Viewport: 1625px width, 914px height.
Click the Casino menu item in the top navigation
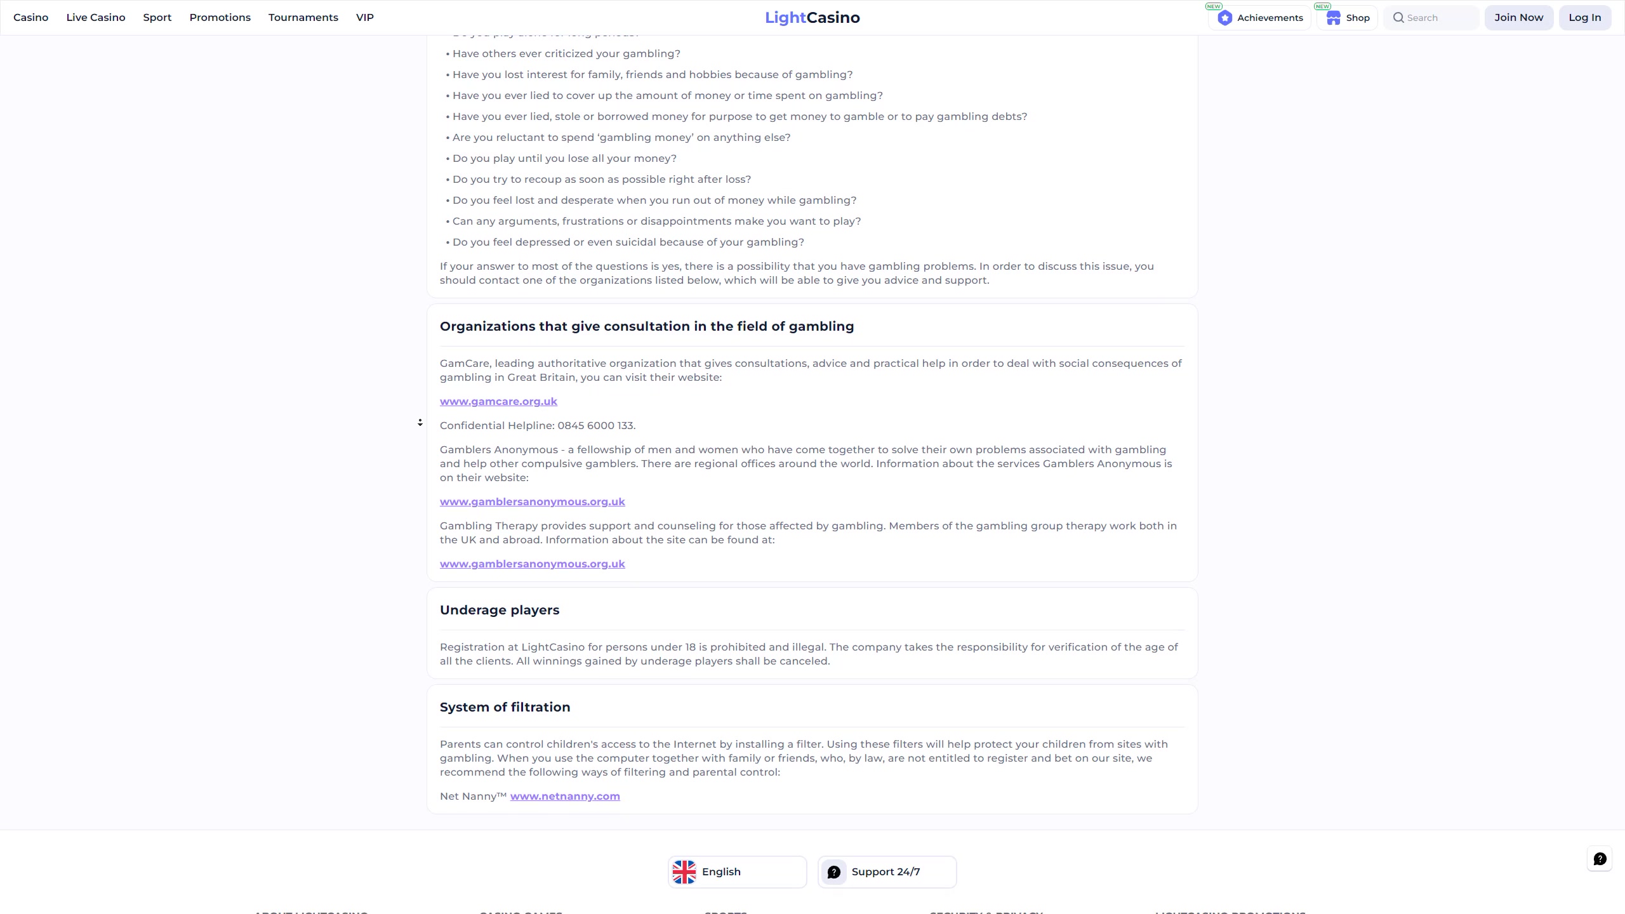(30, 18)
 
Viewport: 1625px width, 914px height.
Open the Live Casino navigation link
(96, 18)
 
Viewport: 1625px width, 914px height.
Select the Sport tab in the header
(157, 18)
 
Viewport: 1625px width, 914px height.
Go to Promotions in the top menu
(220, 18)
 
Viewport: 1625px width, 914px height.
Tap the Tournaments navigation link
(303, 18)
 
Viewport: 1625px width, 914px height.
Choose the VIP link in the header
(364, 18)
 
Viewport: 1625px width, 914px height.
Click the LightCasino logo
(812, 18)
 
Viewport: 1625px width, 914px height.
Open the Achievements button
(1260, 18)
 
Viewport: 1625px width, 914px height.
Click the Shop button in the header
(1348, 18)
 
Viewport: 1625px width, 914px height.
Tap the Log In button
(1584, 18)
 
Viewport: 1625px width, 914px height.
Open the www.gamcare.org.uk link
(498, 401)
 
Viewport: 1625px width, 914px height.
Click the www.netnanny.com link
(565, 796)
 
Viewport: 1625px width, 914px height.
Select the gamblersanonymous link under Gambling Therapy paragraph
(532, 564)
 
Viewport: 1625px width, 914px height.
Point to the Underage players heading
(500, 610)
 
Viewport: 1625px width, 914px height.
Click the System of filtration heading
(505, 707)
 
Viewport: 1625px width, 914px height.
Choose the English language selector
(737, 871)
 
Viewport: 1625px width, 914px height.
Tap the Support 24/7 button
(887, 871)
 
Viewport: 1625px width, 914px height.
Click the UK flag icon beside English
(684, 871)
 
